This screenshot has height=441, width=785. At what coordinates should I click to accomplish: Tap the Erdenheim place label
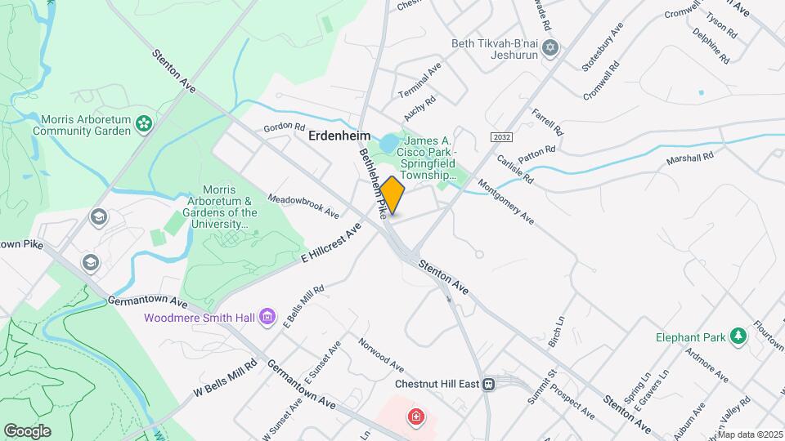pos(339,136)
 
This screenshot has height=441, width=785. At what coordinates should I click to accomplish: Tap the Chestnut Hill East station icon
pos(489,384)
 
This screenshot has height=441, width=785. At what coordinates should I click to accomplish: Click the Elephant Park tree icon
pos(738,336)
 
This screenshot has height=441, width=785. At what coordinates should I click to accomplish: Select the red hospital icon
pos(416,417)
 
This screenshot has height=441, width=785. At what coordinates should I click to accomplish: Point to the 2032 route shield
pos(502,137)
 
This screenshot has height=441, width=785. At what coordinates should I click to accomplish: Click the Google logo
pos(27,430)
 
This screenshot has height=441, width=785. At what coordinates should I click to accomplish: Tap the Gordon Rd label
pos(284,128)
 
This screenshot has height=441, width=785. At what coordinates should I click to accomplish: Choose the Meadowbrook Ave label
pos(303,206)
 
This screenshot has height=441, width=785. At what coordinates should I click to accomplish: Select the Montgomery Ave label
pos(505,202)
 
